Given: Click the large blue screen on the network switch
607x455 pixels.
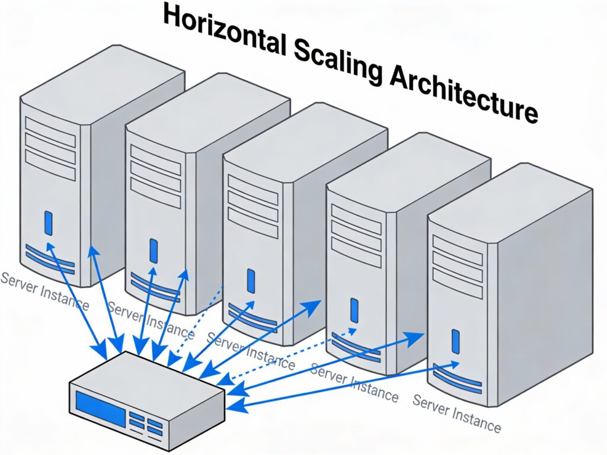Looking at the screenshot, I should (100, 407).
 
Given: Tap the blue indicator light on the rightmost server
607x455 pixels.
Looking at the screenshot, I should (455, 341).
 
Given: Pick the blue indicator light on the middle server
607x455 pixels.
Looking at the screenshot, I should (251, 281).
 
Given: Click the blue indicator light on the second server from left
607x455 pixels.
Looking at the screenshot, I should (154, 250).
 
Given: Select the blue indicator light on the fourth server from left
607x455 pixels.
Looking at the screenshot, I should (354, 310).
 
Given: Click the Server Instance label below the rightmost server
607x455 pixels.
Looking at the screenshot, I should (456, 412).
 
